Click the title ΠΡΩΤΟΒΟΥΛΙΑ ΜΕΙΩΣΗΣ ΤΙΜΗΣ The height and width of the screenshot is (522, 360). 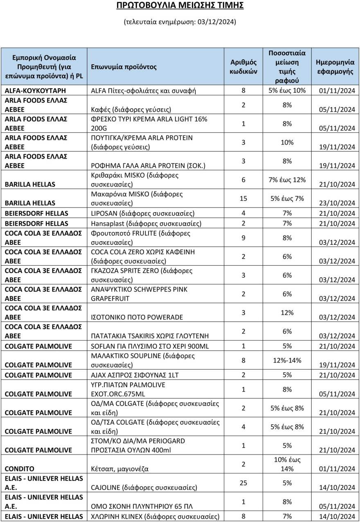click(180, 5)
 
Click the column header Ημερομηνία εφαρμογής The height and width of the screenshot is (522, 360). click(335, 66)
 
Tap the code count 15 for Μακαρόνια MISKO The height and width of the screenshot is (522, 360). click(243, 198)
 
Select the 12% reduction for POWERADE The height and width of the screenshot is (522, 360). click(287, 313)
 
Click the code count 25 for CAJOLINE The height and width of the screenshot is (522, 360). click(243, 483)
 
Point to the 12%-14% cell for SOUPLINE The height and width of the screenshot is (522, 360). click(287, 360)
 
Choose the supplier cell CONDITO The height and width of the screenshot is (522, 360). click(19, 469)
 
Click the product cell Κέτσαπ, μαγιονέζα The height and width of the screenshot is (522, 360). click(119, 469)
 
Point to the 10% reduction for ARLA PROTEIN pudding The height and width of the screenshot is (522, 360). click(287, 142)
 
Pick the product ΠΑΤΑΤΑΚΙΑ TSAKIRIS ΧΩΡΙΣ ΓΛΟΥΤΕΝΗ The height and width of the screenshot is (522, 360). click(149, 336)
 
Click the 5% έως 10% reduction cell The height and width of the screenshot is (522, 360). click(287, 91)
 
